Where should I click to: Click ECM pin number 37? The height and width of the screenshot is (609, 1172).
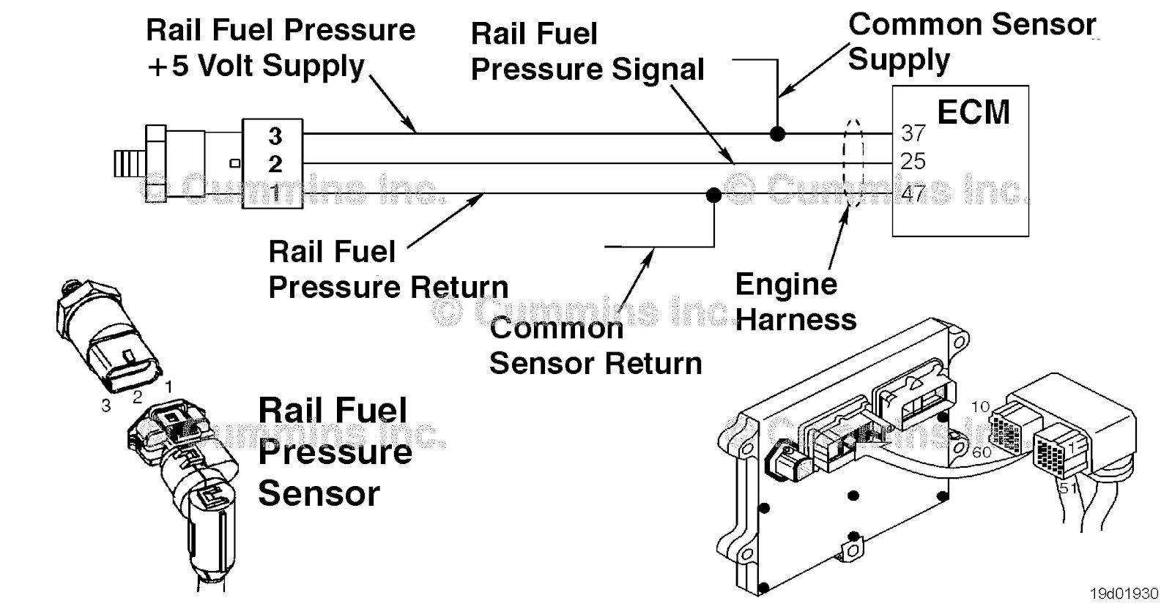click(x=913, y=133)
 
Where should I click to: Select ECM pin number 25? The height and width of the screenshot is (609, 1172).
click(x=913, y=161)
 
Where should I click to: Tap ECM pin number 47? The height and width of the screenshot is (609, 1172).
click(x=913, y=193)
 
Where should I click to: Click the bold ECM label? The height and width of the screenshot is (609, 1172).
click(x=973, y=112)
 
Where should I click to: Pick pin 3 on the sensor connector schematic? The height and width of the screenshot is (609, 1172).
click(x=275, y=136)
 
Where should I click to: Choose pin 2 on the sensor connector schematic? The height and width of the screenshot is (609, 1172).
click(x=275, y=164)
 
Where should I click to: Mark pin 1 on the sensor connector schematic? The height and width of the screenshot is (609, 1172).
click(x=275, y=193)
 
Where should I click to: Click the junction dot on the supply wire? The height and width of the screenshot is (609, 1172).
click(x=777, y=134)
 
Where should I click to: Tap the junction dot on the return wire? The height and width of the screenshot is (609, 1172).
click(x=713, y=195)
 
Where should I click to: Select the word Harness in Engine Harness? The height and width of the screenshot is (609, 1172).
click(x=796, y=320)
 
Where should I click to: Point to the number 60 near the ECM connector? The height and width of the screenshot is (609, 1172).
click(x=982, y=452)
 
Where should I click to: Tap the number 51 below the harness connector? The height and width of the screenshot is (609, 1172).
click(x=1069, y=488)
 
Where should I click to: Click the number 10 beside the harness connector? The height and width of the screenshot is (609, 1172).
click(x=981, y=407)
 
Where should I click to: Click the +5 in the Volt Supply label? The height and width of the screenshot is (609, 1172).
click(x=168, y=66)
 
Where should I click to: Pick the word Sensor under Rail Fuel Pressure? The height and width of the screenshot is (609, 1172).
click(x=319, y=493)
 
